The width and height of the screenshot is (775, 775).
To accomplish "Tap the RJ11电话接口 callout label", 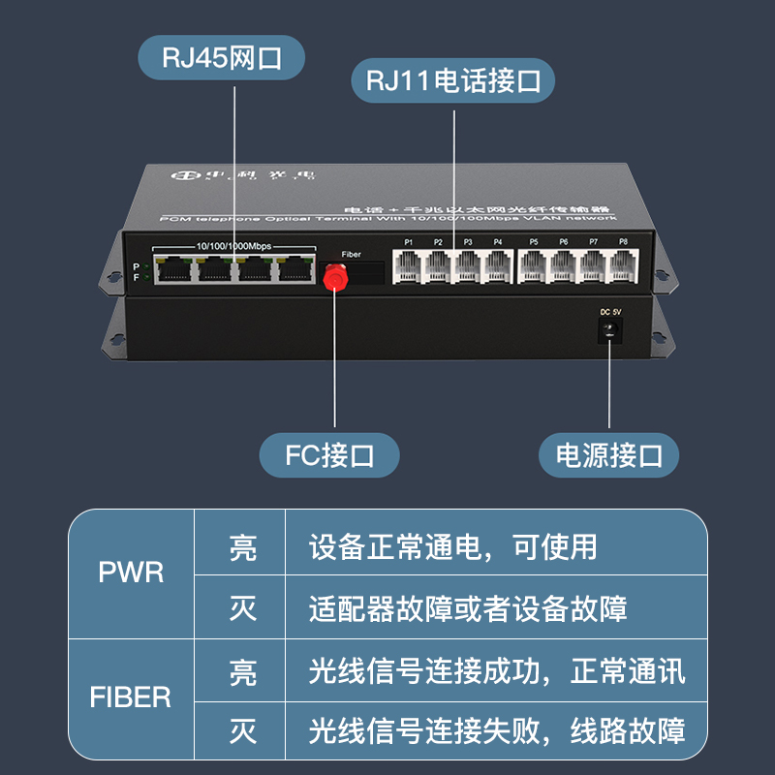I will point(451,80).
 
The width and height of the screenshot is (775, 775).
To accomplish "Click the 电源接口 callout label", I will point(608,454).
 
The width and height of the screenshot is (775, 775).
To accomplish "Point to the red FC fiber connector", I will point(335,274).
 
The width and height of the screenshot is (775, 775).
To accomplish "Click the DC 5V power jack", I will point(610,331).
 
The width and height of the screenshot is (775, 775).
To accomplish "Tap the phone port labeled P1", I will point(409,266).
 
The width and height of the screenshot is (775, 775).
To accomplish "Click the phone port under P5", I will point(534,266).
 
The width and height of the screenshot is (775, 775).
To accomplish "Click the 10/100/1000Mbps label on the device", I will point(233,246).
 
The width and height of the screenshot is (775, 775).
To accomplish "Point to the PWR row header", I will point(132,573).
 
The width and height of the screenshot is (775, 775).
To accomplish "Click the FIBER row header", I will point(131,697).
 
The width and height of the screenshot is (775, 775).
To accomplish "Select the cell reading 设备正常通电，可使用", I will point(453,547).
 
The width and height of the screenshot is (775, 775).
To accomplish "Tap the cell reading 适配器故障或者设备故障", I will point(468,608).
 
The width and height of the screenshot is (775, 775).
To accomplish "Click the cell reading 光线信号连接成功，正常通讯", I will point(496,670).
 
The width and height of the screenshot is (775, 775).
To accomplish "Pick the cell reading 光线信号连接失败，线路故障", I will point(496,730).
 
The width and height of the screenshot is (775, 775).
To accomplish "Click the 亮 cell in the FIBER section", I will point(242,670).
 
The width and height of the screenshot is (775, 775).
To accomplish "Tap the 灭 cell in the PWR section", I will point(242,608).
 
